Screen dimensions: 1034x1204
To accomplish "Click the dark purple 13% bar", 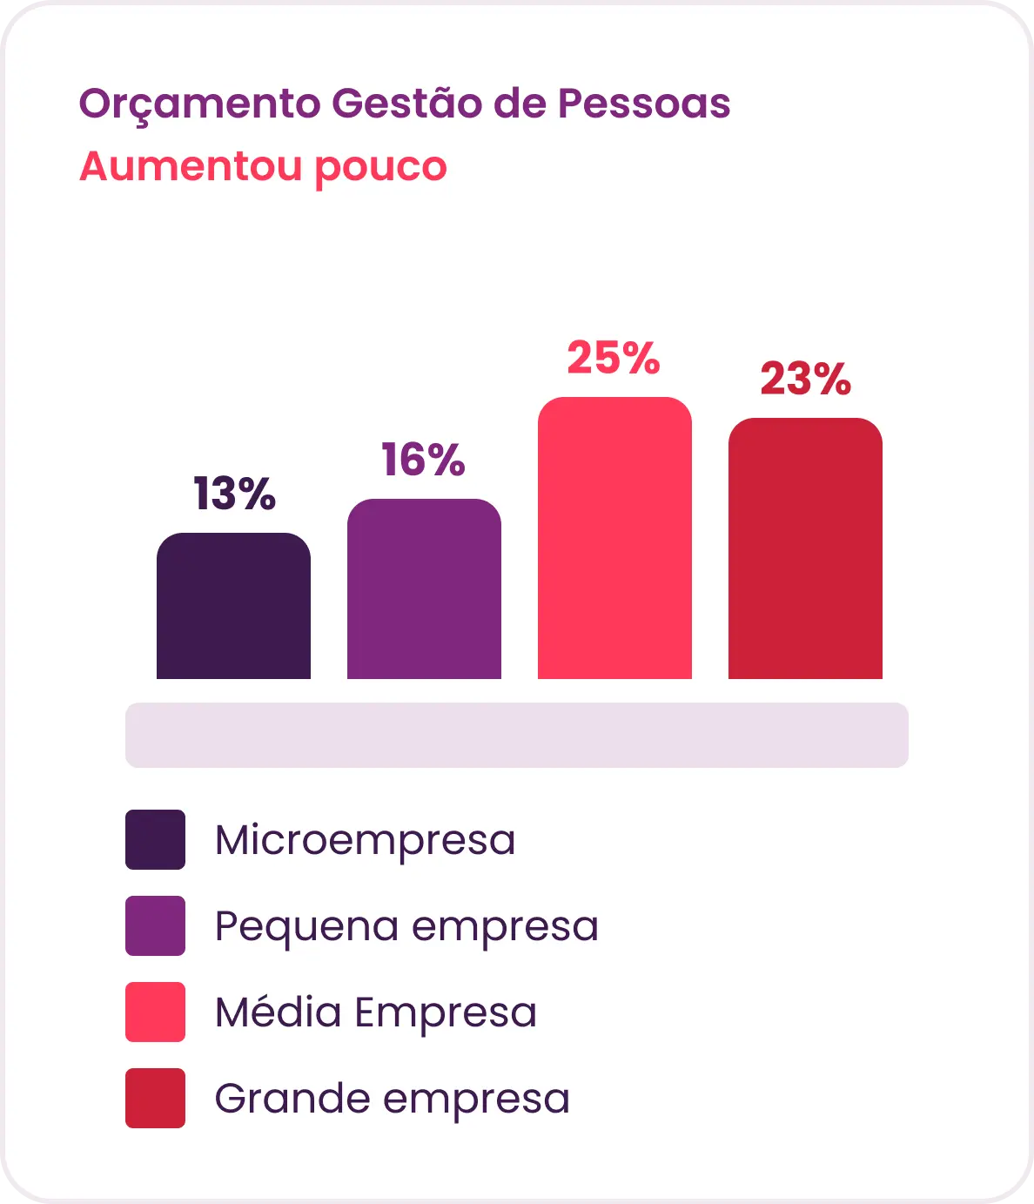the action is pos(233,606).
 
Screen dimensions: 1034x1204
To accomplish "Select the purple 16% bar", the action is pos(424,589).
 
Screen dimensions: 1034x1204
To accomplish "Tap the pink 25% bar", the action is pos(614,538).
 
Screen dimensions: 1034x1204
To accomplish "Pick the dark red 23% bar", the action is pos(805,548).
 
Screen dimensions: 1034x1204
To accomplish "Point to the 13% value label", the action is pos(234,494).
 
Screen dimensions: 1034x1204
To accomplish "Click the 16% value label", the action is pos(423,460).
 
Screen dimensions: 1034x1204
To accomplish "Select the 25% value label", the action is pos(614,357).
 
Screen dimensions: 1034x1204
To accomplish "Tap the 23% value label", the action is pos(806,379).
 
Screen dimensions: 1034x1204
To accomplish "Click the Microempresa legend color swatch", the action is pos(156,839).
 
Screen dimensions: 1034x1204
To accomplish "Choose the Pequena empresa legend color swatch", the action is pos(156,925).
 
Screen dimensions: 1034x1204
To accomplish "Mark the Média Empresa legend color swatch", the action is pos(156,1012).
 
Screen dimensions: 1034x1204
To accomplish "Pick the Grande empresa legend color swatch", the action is pos(156,1098).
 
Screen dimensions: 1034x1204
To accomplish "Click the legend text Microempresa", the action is pos(366,841).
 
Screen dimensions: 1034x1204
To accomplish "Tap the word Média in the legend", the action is pos(279,1012).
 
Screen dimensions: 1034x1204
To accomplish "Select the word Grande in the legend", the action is pos(292,1099).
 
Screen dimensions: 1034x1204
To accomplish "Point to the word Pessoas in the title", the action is pos(644,104).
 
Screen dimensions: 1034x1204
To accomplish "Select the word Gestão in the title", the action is pos(407,103).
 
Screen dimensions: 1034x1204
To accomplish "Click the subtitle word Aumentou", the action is pos(191,166).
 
